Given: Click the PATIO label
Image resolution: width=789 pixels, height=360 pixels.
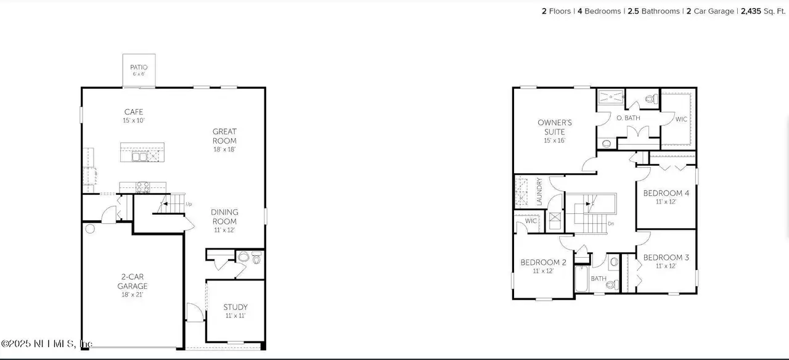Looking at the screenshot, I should [x=139, y=67].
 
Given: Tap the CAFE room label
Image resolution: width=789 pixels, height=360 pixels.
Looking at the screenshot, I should [x=134, y=112].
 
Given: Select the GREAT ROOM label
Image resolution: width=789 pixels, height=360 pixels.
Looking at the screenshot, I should [x=224, y=136].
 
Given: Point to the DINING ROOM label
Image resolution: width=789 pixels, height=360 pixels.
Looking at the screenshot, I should [x=224, y=216].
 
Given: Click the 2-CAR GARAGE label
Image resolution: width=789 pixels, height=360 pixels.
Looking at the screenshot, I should [x=133, y=281].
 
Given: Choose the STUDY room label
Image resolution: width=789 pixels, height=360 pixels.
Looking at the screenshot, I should [x=235, y=307].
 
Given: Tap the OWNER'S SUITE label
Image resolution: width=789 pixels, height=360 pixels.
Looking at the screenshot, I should [x=555, y=127].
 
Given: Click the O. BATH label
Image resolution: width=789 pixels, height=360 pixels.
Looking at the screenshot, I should [x=628, y=118].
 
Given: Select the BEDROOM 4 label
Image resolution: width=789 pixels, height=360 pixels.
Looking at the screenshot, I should [x=666, y=193].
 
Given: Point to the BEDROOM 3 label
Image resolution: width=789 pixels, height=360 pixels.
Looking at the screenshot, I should [x=666, y=257].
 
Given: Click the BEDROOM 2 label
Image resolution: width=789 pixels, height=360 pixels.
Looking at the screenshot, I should [x=543, y=262].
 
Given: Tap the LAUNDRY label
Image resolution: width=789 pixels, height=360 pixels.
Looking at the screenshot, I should [x=539, y=192].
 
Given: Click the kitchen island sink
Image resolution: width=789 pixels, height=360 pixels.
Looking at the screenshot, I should [x=139, y=157].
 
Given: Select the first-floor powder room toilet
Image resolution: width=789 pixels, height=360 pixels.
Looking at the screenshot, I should [x=257, y=258].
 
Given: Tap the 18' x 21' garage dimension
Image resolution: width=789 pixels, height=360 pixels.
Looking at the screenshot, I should [x=133, y=295].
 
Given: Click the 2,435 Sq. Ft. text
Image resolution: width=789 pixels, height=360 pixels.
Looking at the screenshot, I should [x=762, y=11].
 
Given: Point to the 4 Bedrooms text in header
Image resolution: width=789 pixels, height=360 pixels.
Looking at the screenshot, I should [x=599, y=11].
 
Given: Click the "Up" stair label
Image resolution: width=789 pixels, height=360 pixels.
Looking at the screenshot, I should [x=189, y=204].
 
